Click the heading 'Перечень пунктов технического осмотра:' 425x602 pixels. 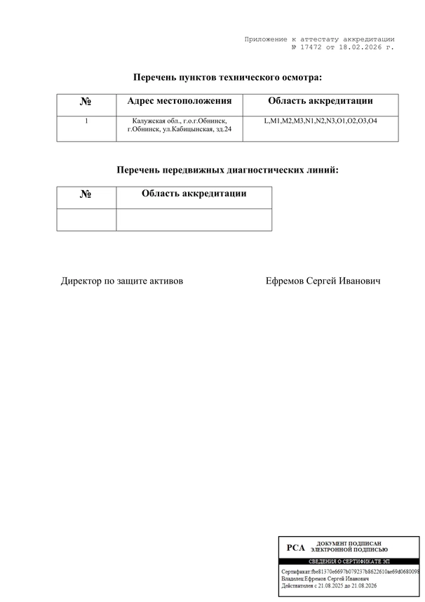(227, 77)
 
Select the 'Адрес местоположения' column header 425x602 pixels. (179, 102)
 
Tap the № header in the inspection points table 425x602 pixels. (86, 102)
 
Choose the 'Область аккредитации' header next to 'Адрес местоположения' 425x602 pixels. (321, 102)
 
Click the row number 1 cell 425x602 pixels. (86, 121)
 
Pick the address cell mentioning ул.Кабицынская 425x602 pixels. (179, 126)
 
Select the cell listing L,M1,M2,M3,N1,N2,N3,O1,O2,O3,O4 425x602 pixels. (321, 121)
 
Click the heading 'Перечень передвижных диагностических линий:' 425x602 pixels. (227, 170)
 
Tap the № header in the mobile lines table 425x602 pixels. (86, 194)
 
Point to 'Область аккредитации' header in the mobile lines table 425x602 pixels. (194, 194)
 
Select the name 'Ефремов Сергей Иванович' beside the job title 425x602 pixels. (323, 281)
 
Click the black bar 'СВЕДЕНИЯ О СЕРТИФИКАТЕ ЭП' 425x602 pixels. (349, 562)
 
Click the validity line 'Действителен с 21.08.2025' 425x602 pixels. (329, 586)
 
